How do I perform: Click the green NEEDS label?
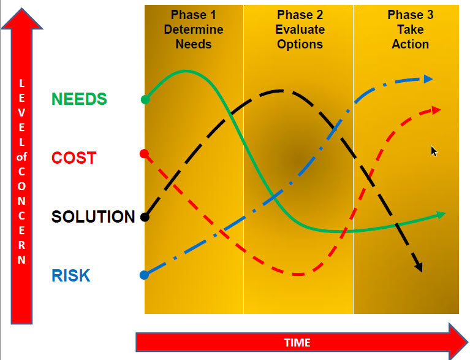point(79,99)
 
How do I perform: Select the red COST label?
point(74,158)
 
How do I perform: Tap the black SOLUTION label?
point(93,216)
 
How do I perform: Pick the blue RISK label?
point(70,275)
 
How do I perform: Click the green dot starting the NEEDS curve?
point(145,99)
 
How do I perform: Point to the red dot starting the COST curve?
point(144,154)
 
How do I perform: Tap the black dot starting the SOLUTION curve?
point(145,217)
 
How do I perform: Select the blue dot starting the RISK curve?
point(144,275)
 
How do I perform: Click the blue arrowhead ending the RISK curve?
point(428,79)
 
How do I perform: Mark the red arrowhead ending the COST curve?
point(436,110)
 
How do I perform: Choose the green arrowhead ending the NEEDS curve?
point(441,215)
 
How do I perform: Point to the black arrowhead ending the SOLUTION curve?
point(419,267)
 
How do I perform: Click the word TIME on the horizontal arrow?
point(297,343)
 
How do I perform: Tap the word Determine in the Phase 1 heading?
point(194,29)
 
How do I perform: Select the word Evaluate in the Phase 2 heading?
point(300,29)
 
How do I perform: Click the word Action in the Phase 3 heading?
point(411,44)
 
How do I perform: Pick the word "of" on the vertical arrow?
point(21,156)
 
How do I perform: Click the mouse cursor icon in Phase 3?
point(434,151)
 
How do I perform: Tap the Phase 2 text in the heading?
point(300,15)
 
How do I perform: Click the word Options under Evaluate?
point(300,44)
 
